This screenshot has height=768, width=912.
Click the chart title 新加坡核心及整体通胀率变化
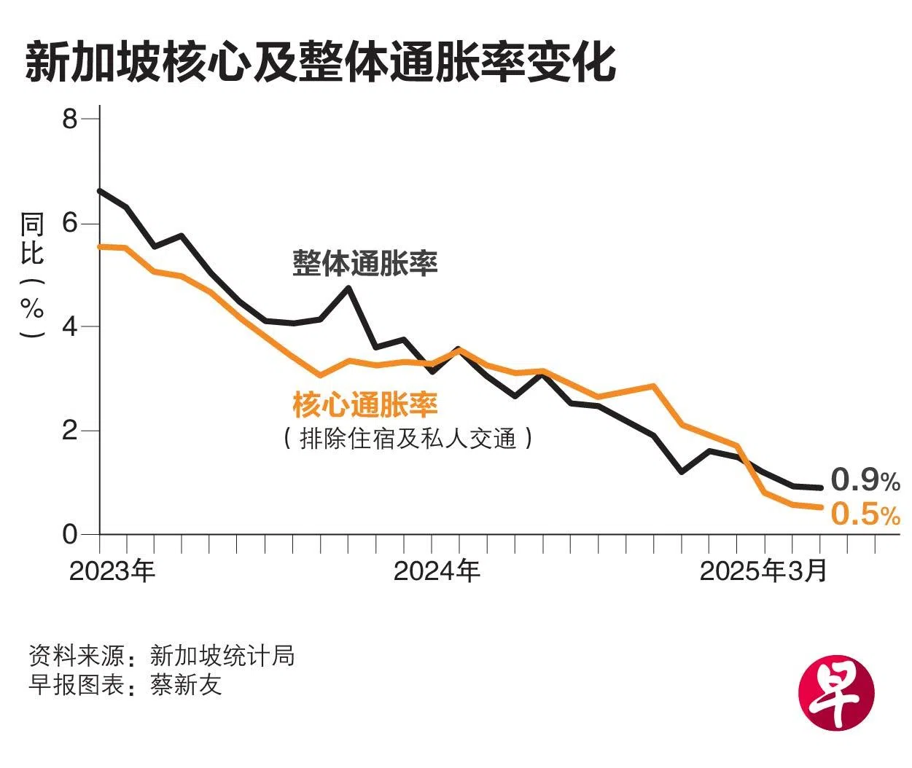point(321,63)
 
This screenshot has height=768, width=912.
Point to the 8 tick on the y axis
point(70,118)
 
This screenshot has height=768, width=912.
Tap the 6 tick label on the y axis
point(70,222)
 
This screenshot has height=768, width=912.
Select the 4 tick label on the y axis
point(70,326)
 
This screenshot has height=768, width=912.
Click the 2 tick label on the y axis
point(70,431)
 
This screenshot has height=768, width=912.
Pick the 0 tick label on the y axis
point(70,534)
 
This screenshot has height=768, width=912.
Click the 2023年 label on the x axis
point(112,571)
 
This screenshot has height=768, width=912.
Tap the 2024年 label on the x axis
point(437,571)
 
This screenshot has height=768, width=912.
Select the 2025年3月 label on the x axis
point(763,571)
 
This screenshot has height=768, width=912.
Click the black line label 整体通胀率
point(365,263)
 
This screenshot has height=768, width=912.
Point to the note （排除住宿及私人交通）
point(408,439)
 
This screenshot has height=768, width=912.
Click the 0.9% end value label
point(865,480)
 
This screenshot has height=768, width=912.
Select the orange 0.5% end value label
point(865,514)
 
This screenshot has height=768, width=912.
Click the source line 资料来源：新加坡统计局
point(162,656)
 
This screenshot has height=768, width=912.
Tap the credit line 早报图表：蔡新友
point(125,685)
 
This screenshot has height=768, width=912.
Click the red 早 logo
point(836,689)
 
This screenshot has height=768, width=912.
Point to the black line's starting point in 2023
point(100,191)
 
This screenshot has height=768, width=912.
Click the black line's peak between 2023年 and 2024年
point(348,288)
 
